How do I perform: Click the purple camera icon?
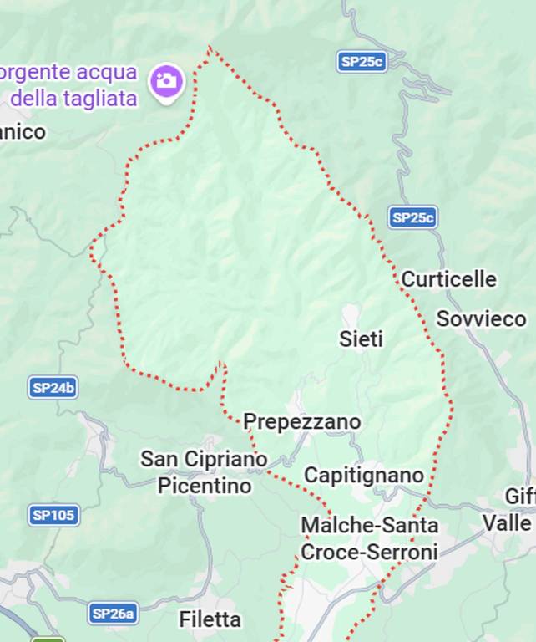pyautogui.click(x=166, y=80)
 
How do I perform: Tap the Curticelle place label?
pyautogui.click(x=448, y=279)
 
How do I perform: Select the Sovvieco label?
pyautogui.click(x=481, y=319)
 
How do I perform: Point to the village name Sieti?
pyautogui.click(x=361, y=339)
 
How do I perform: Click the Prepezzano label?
pyautogui.click(x=302, y=422)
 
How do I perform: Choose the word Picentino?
pyautogui.click(x=205, y=486)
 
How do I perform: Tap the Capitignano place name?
pyautogui.click(x=364, y=476)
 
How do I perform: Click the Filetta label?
pyautogui.click(x=210, y=619)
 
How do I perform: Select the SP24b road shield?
pyautogui.click(x=53, y=388)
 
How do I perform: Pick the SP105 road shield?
pyautogui.click(x=53, y=515)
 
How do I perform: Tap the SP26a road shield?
pyautogui.click(x=113, y=614)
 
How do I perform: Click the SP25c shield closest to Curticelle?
pyautogui.click(x=412, y=218)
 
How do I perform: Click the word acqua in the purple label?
pyautogui.click(x=105, y=72)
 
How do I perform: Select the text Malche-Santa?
pyautogui.click(x=369, y=526)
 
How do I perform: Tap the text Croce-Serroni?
pyautogui.click(x=369, y=553)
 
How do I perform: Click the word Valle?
pyautogui.click(x=507, y=523)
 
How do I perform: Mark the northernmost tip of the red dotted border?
pyautogui.click(x=210, y=48)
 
